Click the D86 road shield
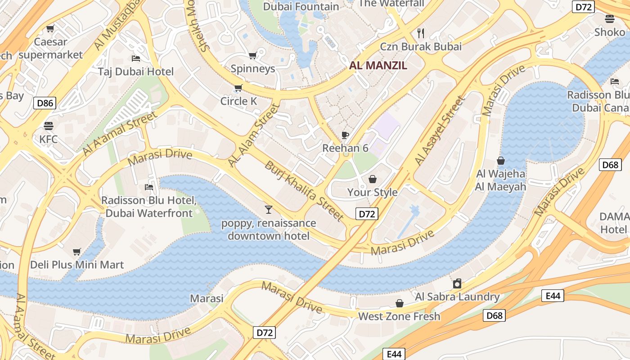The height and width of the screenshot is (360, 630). click(45, 103)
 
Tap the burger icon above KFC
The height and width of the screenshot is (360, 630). click(49, 126)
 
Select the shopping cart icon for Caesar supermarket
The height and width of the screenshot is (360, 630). click(50, 28)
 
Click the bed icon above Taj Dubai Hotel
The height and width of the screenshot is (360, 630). click(135, 58)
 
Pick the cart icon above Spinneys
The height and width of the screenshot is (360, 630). click(252, 55)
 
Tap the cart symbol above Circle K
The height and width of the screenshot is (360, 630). click(238, 88)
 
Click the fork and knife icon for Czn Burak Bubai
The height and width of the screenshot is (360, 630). click(421, 33)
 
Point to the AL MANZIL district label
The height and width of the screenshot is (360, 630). click(378, 66)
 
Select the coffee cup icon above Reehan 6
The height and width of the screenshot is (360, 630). click(345, 135)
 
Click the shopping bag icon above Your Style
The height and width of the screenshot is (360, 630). click(372, 179)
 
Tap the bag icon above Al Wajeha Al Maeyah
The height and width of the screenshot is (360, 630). click(500, 161)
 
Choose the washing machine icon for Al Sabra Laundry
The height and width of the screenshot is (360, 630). click(457, 283)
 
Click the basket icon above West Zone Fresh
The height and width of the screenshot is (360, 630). click(399, 303)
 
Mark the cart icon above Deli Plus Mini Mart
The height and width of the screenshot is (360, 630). click(76, 252)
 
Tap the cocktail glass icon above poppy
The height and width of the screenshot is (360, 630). click(269, 209)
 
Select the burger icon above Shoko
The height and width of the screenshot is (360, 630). click(610, 19)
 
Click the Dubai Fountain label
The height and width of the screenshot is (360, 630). click(301, 6)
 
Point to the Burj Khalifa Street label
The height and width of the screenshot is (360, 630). click(304, 190)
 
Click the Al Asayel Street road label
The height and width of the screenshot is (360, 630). click(439, 131)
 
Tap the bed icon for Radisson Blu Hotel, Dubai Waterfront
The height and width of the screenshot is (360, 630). click(149, 187)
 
